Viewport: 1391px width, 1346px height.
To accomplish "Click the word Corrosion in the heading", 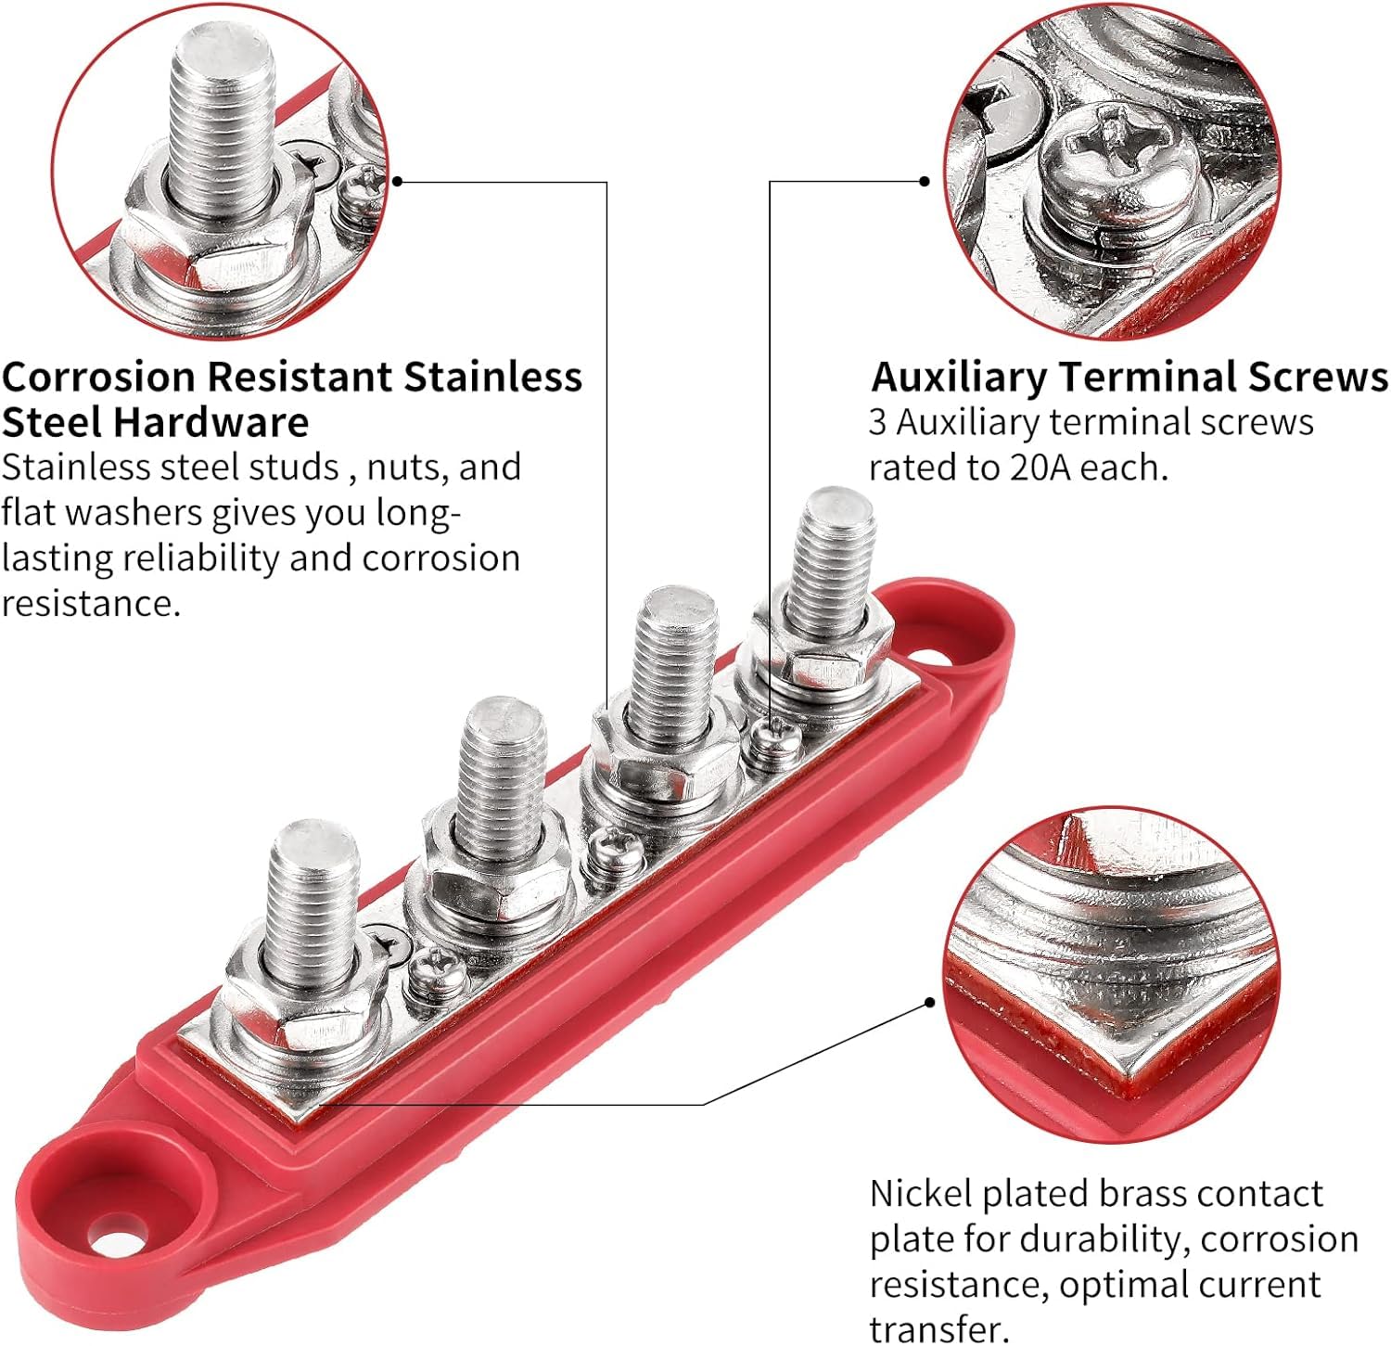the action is click(x=99, y=377).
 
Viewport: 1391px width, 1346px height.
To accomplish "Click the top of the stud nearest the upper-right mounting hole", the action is click(x=839, y=507).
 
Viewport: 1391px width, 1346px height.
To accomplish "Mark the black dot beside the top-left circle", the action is click(x=397, y=181).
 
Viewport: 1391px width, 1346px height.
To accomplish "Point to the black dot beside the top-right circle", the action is click(x=925, y=182).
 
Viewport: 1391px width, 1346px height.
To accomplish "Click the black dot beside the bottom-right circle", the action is click(x=931, y=1003).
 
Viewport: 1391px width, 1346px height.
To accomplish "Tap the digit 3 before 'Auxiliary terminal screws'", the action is click(x=877, y=423).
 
